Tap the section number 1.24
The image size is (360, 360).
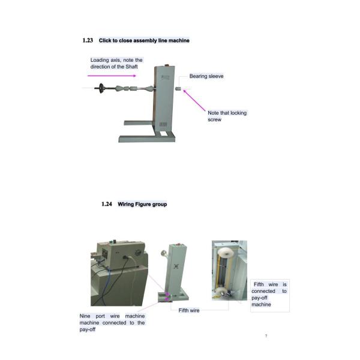coord(106,204)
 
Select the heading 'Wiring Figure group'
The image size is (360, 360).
coord(142,204)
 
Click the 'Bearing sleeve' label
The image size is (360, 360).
coord(206,76)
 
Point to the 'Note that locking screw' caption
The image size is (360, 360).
coord(227,116)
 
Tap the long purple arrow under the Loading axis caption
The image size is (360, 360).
coord(113,76)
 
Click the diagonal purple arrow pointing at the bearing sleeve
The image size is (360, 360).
coord(193,98)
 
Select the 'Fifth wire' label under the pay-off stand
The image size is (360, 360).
coord(189,310)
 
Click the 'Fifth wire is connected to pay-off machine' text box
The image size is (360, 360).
coord(269,294)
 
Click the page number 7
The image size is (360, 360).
coord(266,335)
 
